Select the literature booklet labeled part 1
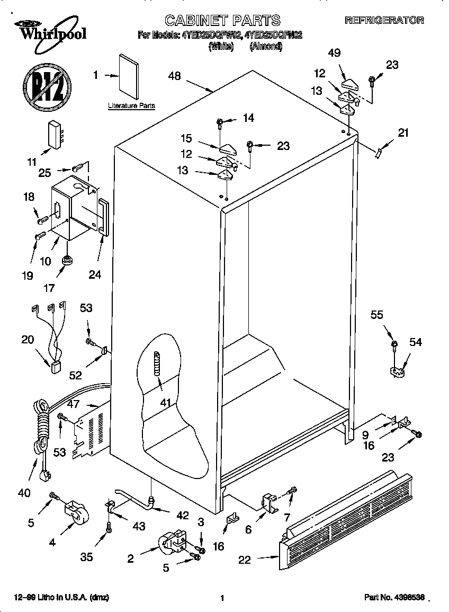128,76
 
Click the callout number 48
174,76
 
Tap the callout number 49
334,53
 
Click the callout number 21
403,133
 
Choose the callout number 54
416,342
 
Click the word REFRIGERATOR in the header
384,21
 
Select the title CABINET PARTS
222,20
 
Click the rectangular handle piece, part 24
103,217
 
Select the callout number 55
376,315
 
